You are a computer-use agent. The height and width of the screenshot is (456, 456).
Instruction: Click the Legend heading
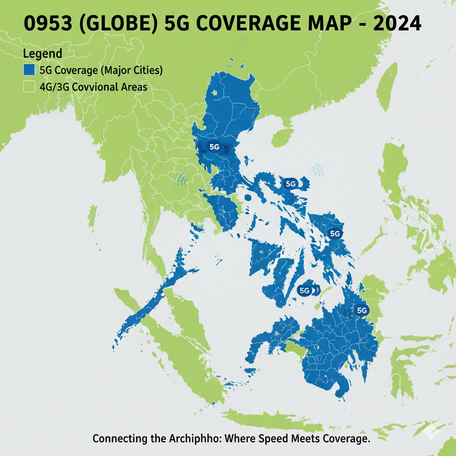point(42,54)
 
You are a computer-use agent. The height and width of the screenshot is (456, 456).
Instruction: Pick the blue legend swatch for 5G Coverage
point(28,70)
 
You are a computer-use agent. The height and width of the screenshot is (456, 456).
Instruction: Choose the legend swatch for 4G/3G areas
point(28,87)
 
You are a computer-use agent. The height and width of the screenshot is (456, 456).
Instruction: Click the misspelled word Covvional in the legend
point(95,87)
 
